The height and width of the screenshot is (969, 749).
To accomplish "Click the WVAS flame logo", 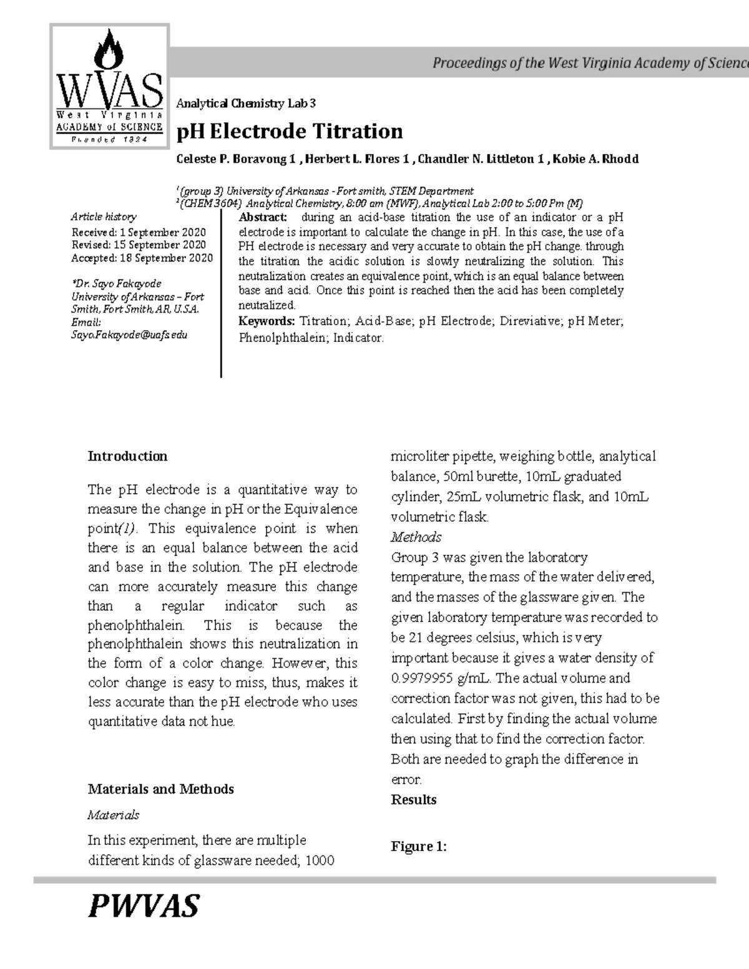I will coord(109,86).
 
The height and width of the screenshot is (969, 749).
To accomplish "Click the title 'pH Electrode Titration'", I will coord(290,132).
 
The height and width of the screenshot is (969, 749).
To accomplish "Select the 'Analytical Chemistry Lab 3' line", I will coord(247,104).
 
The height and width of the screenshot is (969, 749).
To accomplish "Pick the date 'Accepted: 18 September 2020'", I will coord(142,258).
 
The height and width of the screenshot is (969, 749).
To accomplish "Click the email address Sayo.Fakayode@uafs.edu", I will coord(129,335).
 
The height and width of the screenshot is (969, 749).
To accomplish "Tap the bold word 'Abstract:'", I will coord(263,217).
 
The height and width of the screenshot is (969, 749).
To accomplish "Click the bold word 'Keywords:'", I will coord(267,321).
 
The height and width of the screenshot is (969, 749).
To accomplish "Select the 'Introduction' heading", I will coord(127,456).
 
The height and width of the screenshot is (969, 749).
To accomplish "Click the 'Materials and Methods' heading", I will coord(160,789).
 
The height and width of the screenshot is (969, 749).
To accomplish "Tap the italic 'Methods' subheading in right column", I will coord(416,537).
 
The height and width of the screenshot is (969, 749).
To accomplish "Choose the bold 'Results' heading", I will coord(413,800).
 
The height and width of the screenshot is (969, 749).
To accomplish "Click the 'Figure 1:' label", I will coord(418,847).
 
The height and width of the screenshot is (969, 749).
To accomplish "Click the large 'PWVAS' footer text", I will coord(144,906).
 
